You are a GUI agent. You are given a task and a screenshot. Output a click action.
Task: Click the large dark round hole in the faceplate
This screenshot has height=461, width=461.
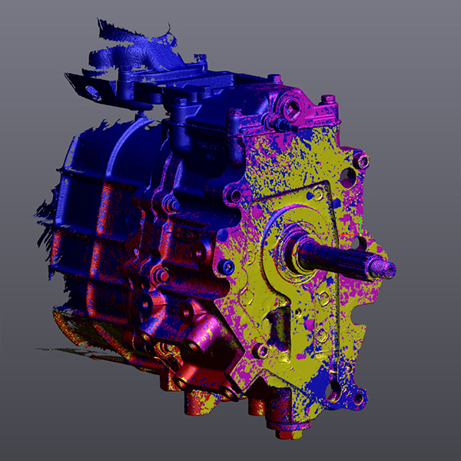pos(347,177)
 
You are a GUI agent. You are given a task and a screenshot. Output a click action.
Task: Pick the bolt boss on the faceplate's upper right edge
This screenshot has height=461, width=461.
pos(362,161)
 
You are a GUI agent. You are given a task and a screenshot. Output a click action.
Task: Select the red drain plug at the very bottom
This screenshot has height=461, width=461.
pos(285,434)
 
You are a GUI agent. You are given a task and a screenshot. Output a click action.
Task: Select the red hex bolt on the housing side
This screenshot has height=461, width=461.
pos(161,274)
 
